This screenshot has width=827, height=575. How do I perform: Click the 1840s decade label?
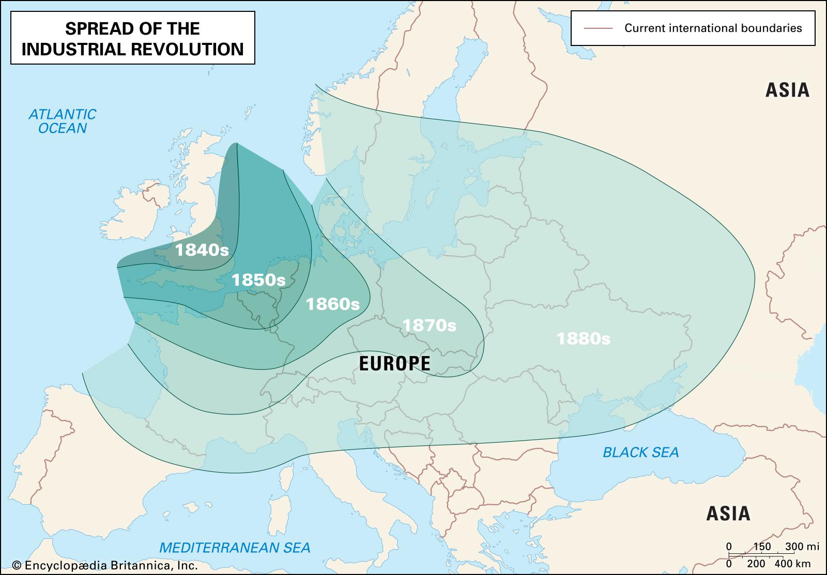(202, 251)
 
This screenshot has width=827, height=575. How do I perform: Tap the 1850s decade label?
(258, 280)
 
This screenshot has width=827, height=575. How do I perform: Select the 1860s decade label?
(332, 304)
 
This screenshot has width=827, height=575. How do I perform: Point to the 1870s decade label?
(429, 325)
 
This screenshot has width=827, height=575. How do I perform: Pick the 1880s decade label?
(583, 339)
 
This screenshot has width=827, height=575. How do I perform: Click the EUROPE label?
(394, 364)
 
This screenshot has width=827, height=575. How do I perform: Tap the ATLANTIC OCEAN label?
(62, 121)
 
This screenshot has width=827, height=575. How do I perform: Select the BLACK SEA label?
(640, 453)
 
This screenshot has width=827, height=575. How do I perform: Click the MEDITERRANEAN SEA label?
(235, 547)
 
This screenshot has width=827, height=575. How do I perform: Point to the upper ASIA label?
(787, 90)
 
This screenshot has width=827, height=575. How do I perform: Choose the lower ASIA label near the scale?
(728, 514)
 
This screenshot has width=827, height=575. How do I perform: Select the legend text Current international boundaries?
(713, 28)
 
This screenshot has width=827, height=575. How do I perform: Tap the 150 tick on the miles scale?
(762, 547)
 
